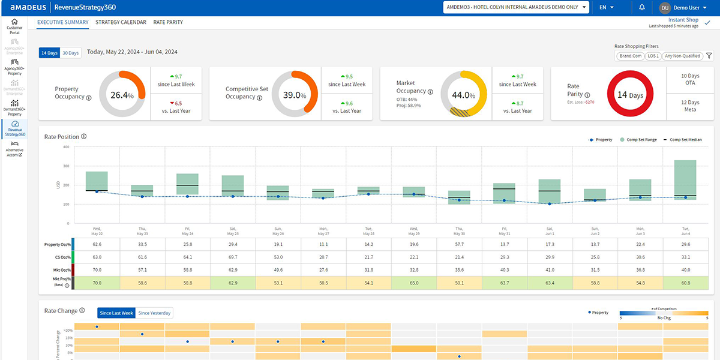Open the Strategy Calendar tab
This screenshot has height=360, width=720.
click(121, 22)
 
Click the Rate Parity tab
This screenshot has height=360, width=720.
click(168, 22)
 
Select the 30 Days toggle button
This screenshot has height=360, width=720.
click(70, 53)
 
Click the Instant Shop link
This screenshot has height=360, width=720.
click(683, 20)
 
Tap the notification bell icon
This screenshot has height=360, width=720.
click(642, 7)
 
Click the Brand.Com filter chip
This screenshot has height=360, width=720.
click(631, 56)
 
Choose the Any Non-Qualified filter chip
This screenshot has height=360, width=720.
click(682, 56)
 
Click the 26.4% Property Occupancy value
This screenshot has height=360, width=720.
click(122, 94)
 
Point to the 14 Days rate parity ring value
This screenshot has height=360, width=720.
click(630, 95)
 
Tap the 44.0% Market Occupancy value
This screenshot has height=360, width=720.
click(463, 95)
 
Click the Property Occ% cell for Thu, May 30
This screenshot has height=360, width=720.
click(459, 245)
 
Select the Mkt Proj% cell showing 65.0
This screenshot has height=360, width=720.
click(413, 283)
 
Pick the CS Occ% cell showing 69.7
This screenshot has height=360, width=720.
click(232, 257)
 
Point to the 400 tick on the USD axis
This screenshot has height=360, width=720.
click(65, 146)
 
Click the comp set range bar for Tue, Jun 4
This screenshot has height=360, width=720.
click(685, 179)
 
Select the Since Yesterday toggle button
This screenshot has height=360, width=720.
click(154, 313)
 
